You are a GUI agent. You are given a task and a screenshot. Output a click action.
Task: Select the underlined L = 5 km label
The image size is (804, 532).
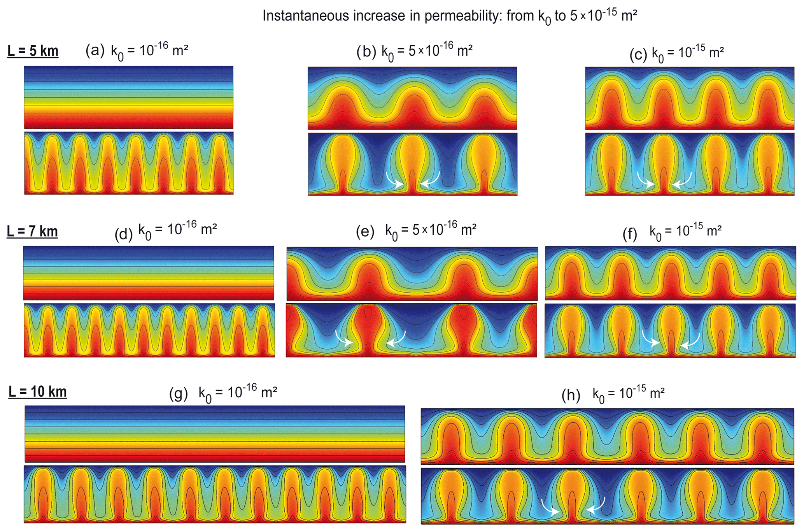pyautogui.click(x=33, y=51)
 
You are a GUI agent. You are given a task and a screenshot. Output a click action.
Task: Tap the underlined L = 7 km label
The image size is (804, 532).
pyautogui.click(x=32, y=232)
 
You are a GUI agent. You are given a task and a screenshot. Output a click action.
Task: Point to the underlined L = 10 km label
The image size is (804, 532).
pyautogui.click(x=38, y=392)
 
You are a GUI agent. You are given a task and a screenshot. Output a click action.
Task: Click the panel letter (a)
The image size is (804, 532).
pyautogui.click(x=95, y=51)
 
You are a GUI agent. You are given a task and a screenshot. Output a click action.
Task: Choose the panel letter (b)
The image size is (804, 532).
pyautogui.click(x=366, y=52)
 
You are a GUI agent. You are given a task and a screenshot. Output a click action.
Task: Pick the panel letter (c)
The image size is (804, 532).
pyautogui.click(x=638, y=55)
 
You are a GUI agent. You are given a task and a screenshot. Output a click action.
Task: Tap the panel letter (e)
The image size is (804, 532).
pyautogui.click(x=365, y=232)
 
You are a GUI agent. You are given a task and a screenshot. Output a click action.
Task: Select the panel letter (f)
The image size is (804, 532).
pyautogui.click(x=630, y=234)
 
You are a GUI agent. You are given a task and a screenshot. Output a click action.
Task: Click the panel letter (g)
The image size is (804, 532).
pyautogui.click(x=179, y=394)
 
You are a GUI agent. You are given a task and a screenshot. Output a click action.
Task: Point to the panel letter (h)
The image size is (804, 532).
pyautogui.click(x=571, y=395)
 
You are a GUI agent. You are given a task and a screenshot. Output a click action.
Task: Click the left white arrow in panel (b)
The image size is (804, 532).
pyautogui.click(x=394, y=181)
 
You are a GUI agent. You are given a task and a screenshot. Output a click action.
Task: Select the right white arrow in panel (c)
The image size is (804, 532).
pyautogui.click(x=682, y=181)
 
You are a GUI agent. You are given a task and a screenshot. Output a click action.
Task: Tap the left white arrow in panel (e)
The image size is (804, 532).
pyautogui.click(x=343, y=339)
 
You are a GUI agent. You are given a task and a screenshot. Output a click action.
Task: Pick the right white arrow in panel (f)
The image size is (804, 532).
pyautogui.click(x=690, y=341)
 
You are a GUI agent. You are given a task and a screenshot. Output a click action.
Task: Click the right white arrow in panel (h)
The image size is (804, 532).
pyautogui.click(x=596, y=506)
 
